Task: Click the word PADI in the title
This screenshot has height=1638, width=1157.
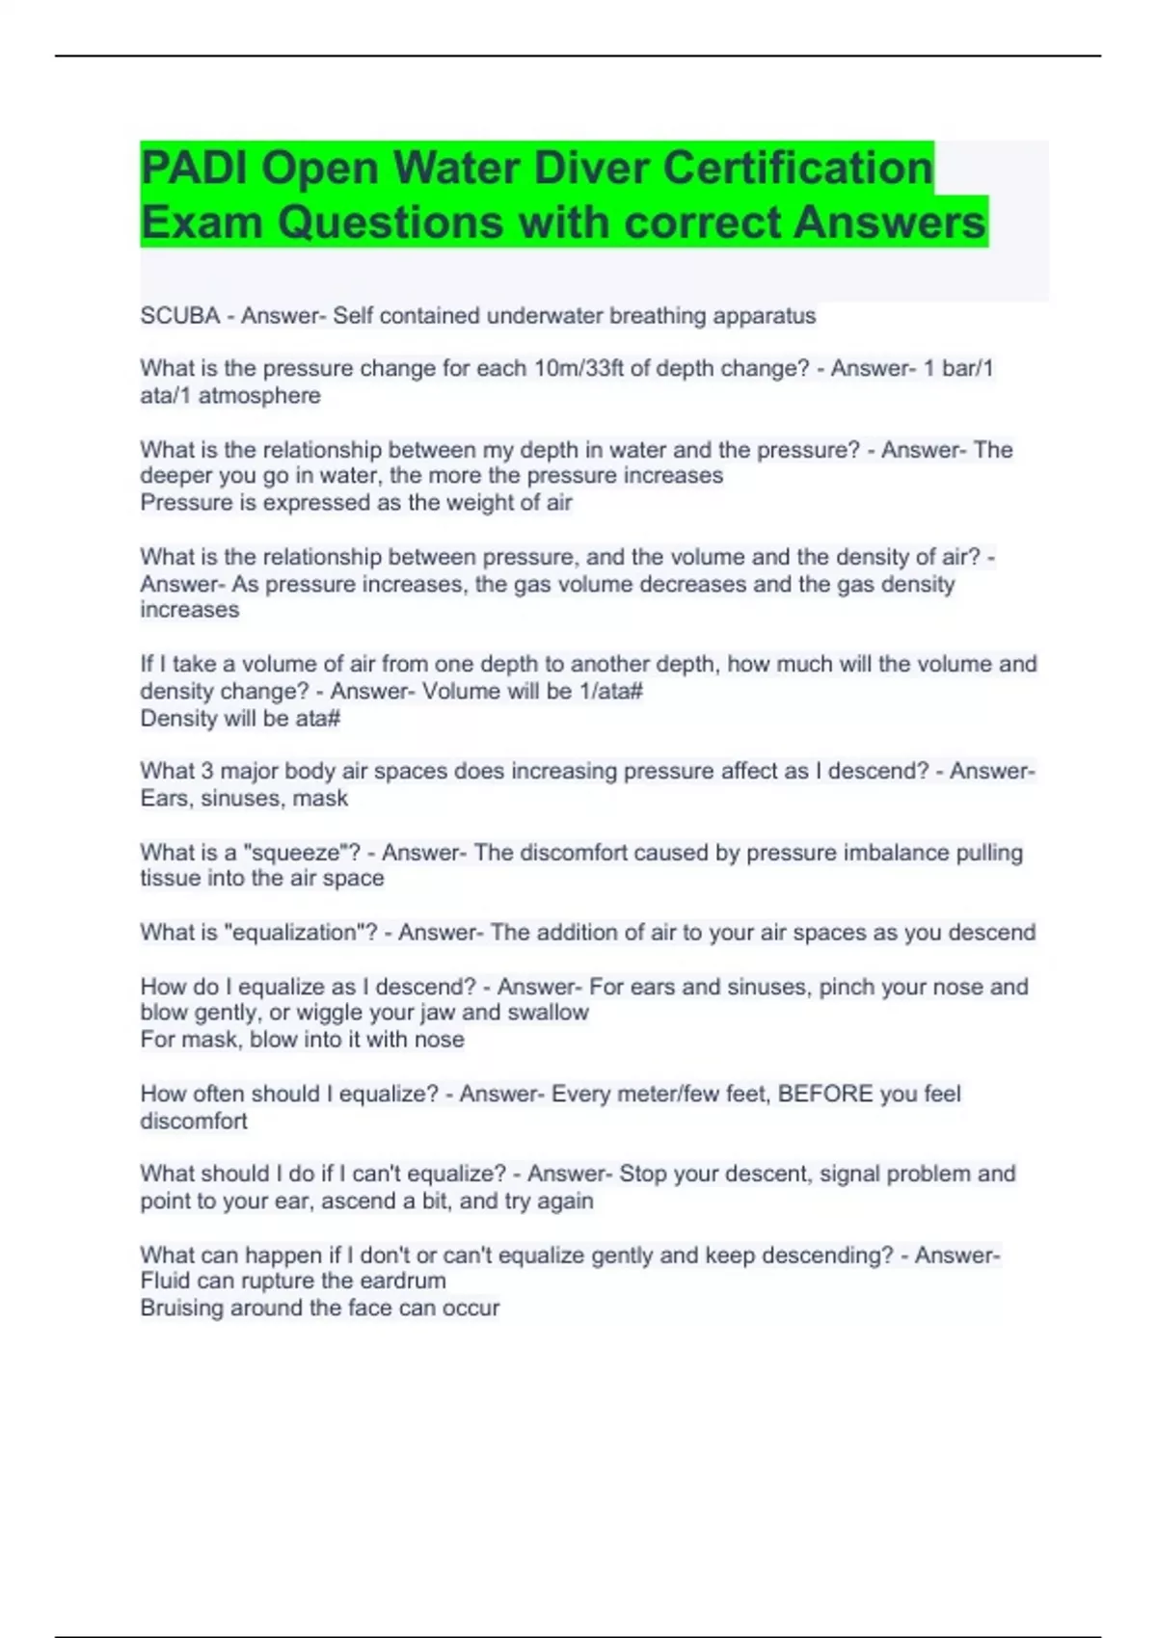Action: click(195, 168)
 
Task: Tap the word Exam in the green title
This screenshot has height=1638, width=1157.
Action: click(202, 223)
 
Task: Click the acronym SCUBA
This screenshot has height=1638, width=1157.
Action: click(180, 316)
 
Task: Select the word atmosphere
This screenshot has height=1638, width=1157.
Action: click(259, 396)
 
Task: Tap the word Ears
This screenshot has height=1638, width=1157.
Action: click(164, 799)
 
